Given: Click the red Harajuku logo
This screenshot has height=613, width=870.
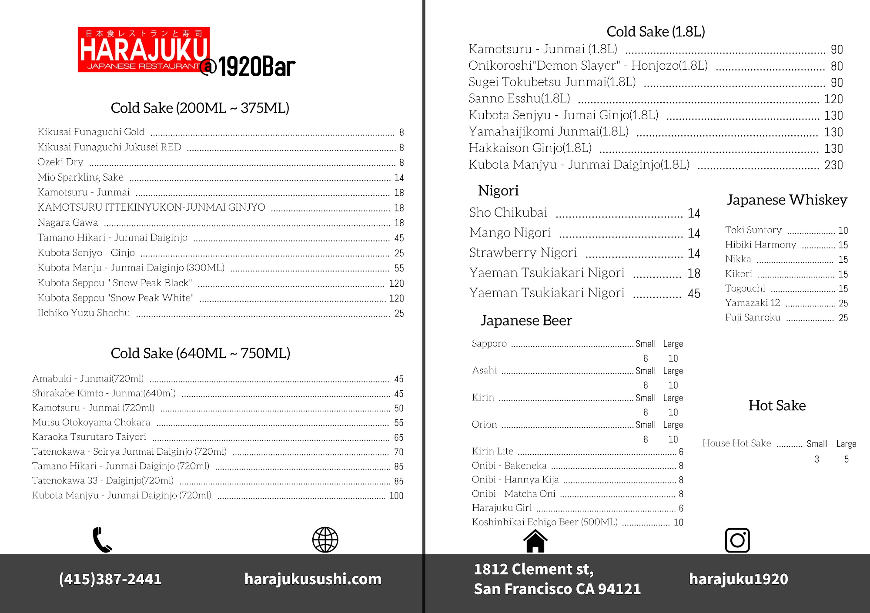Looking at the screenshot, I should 144,50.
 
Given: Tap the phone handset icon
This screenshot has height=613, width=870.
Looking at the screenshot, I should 102,540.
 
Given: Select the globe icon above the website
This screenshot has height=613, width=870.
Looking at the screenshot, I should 325,540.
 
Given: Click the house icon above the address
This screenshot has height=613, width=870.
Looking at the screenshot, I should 535,541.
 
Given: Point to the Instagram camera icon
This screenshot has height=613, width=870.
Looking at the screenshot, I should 737,540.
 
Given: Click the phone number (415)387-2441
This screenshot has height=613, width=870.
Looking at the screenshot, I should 110,579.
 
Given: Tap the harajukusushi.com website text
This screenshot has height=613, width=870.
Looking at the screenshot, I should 313,579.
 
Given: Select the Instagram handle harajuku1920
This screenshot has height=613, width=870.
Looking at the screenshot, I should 738,579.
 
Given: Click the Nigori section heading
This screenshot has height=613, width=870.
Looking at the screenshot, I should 498,191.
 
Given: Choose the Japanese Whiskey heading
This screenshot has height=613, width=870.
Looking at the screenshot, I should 787,200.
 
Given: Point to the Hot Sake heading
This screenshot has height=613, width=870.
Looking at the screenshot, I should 777,405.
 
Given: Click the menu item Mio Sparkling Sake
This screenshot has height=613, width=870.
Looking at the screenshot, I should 80,177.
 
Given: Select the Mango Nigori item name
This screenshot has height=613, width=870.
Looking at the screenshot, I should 510,232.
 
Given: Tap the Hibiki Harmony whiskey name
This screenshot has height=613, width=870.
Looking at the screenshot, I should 760,245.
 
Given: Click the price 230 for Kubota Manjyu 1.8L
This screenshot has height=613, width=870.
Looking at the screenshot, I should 833,165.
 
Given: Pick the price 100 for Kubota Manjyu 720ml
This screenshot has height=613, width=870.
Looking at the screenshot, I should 396,496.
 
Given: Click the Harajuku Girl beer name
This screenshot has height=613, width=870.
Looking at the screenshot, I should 502,508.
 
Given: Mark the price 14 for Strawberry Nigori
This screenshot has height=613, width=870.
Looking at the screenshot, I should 694,253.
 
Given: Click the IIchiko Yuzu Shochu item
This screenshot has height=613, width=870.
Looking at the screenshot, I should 84,313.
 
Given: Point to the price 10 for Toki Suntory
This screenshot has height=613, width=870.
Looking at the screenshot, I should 843,231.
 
